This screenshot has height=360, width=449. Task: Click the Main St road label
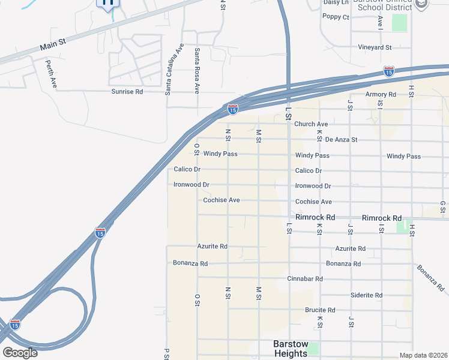coord(52,46)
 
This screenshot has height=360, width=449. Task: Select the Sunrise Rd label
coord(127,92)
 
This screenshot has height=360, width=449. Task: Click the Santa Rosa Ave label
coord(196,71)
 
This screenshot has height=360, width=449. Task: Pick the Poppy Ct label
coord(336,17)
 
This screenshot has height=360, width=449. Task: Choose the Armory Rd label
coord(381,95)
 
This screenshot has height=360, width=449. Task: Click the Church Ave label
coord(311,124)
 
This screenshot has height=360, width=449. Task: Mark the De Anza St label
coord(341,139)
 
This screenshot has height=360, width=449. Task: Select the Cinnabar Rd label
coord(305,279)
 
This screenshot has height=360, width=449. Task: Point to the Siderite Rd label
coord(367,295)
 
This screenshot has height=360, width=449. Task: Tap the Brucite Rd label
coord(320,310)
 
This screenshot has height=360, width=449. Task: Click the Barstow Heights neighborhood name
coord(291,349)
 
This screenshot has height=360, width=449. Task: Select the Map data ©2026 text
coord(423,355)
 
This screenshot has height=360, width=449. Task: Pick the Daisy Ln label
coord(336,2)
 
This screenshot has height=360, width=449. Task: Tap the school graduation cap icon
coord(423,4)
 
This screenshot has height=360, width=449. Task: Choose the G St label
coord(442,206)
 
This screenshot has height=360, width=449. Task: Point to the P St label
coord(166,353)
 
